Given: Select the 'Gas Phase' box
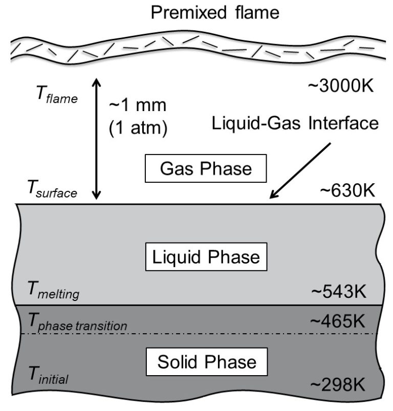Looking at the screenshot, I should click(206, 168).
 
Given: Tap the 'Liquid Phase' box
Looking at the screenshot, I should click(206, 256).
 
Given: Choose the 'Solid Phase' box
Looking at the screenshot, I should click(206, 362).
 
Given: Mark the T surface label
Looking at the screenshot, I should click(51, 192).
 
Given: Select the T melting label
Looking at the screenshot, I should click(53, 292).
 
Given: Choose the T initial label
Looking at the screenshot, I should click(47, 377).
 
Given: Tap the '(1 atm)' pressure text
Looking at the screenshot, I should click(138, 127).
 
